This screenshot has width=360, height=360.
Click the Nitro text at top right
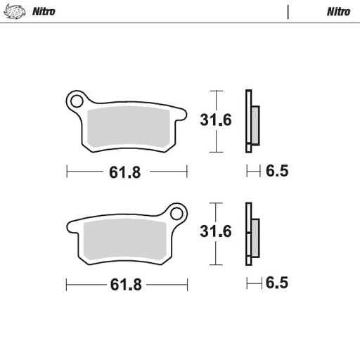point(338,12)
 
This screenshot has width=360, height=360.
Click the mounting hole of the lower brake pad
point(176,212)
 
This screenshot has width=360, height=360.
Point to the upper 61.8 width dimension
point(127,171)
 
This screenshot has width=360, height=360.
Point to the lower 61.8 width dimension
point(127,285)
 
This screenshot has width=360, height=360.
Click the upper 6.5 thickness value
point(277,170)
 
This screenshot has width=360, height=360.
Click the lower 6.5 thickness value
point(277,283)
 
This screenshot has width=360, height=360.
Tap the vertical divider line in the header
point(288,12)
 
